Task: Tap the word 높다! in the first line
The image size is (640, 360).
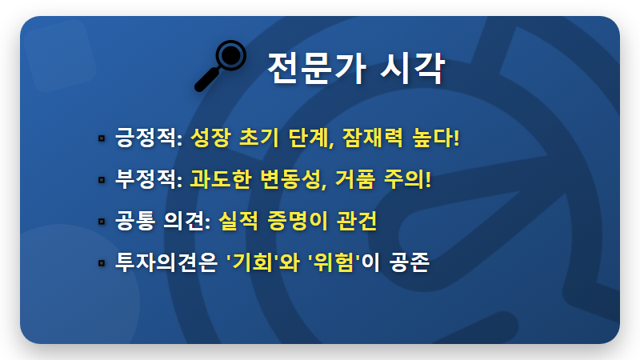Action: pyautogui.click(x=435, y=138)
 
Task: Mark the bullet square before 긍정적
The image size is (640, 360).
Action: pyautogui.click(x=102, y=138)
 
